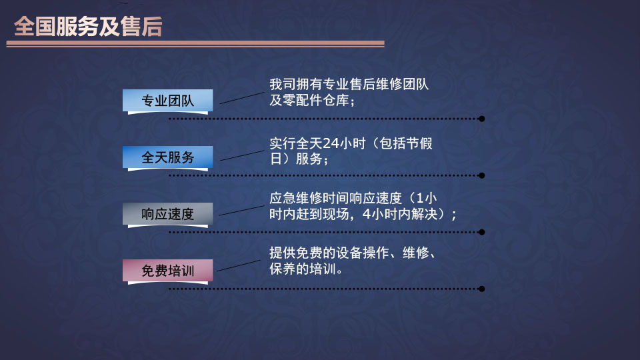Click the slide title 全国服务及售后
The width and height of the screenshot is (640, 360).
pyautogui.click(x=88, y=27)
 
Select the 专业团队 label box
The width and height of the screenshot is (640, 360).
pyautogui.click(x=168, y=101)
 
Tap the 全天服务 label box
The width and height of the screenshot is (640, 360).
pyautogui.click(x=168, y=157)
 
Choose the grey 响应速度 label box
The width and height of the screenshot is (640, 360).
pyautogui.click(x=168, y=214)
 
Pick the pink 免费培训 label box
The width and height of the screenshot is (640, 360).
pyautogui.click(x=168, y=271)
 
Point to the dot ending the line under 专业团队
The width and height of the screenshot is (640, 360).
pyautogui.click(x=481, y=119)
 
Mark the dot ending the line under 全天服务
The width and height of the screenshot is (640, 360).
pyautogui.click(x=481, y=175)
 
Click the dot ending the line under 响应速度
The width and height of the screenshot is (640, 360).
pyautogui.click(x=481, y=232)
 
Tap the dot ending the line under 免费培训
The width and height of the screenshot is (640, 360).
pyautogui.click(x=481, y=289)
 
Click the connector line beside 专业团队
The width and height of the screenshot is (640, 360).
pyautogui.click(x=242, y=98)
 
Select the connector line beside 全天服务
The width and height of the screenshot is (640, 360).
pyautogui.click(x=242, y=155)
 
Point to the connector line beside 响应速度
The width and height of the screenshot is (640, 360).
pyautogui.click(x=241, y=211)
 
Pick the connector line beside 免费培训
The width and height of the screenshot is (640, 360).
pyautogui.click(x=239, y=266)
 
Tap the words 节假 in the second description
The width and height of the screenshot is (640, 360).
pyautogui.click(x=419, y=143)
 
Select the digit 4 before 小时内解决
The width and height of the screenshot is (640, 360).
pyautogui.click(x=367, y=214)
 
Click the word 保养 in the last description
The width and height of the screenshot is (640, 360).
pyautogui.click(x=283, y=269)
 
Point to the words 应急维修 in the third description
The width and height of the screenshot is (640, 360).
pyautogui.click(x=296, y=199)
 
